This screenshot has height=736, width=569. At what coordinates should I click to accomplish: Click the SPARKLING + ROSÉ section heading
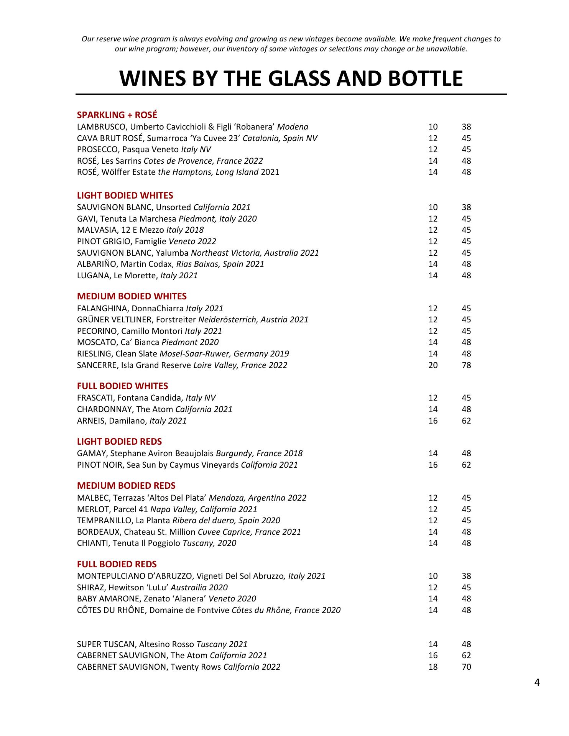pyautogui.click(x=117, y=115)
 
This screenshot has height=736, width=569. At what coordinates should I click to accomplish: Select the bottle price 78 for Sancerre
pyautogui.click(x=466, y=365)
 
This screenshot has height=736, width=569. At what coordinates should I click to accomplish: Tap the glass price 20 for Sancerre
pyautogui.click(x=433, y=365)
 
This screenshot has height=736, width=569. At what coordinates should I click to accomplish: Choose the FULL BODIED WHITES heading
pyautogui.click(x=123, y=386)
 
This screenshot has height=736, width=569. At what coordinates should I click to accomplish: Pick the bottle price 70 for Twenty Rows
pyautogui.click(x=466, y=667)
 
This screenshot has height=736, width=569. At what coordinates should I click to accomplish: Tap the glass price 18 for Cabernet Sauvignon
pyautogui.click(x=433, y=667)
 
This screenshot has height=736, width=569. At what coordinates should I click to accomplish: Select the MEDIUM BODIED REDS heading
pyautogui.click(x=126, y=486)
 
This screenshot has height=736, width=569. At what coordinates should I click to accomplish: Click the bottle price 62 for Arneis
pyautogui.click(x=466, y=421)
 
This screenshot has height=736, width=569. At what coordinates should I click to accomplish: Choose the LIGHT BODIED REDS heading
pyautogui.click(x=119, y=442)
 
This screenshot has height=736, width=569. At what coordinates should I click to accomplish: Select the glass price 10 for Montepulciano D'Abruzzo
pyautogui.click(x=433, y=576)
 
